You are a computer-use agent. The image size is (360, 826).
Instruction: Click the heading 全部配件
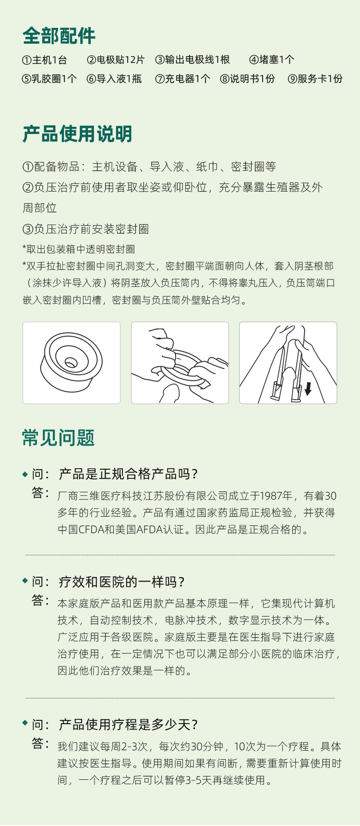coord(59,36)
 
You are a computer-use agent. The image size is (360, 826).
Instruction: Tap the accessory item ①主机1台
coord(45,60)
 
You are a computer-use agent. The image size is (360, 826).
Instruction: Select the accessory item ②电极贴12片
coord(116,60)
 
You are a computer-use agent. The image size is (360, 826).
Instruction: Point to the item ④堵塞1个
coord(272,60)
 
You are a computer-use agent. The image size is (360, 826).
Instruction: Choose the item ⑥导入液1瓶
coord(114,79)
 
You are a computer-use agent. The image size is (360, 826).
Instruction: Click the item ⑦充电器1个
coord(183,79)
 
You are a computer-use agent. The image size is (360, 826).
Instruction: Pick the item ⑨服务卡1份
coord(315,79)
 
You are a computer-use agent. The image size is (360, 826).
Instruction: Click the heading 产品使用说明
coord(77,134)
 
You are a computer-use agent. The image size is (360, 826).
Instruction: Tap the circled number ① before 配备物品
coord(28,167)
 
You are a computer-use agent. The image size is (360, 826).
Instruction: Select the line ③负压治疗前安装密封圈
coord(86,229)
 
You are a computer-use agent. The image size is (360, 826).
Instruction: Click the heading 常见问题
coord(59,437)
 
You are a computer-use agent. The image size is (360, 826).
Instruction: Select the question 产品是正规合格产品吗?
coord(128,474)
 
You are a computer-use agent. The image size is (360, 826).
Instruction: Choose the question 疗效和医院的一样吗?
coord(121,582)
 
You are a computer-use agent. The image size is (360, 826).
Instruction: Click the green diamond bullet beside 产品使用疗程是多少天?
coord(25,723)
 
